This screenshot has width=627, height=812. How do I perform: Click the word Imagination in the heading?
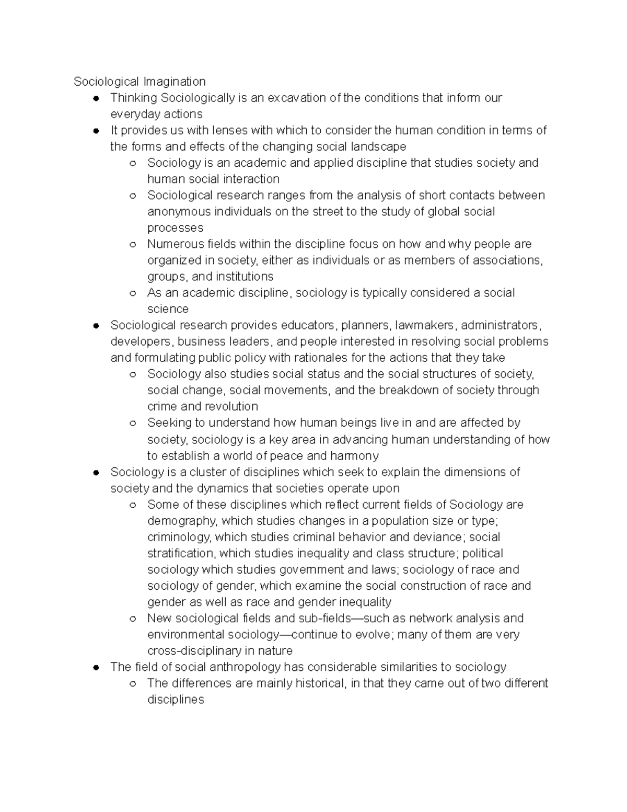(x=175, y=82)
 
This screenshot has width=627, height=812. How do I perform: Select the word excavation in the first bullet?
(x=296, y=98)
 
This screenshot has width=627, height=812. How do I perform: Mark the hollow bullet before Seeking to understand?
(x=133, y=424)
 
